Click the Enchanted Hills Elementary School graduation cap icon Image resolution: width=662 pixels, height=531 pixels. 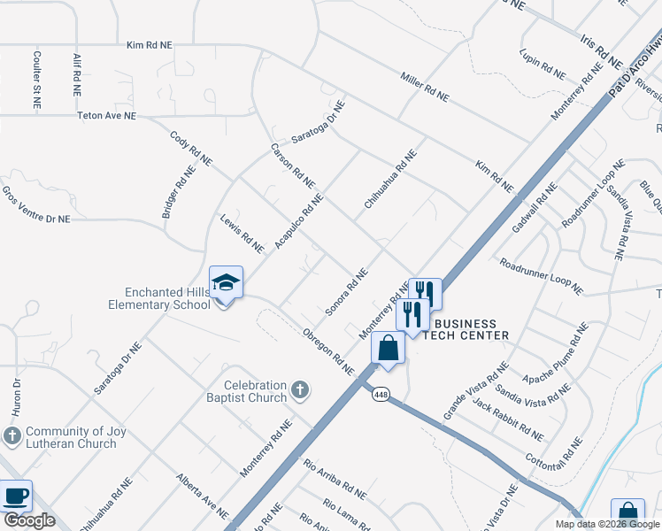click(226, 282)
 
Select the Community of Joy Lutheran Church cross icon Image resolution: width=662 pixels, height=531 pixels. click(12, 435)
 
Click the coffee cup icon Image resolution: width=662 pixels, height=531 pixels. click(15, 496)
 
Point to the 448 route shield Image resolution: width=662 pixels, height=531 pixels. click(381, 394)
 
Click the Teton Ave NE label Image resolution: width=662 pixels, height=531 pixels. click(106, 116)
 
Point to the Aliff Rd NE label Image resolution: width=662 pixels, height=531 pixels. click(77, 74)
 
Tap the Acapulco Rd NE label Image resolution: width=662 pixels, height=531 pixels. click(300, 219)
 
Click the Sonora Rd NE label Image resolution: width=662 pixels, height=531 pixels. click(346, 291)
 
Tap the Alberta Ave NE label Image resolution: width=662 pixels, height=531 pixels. click(202, 496)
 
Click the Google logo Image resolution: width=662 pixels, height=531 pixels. click(29, 521)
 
